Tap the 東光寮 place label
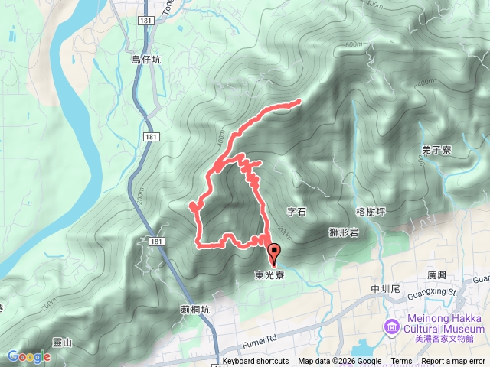click(269, 274)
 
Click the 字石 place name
click(296, 212)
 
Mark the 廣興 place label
click(437, 275)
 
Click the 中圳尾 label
click(385, 289)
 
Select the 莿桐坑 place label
click(195, 310)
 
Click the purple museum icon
click(392, 327)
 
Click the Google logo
click(28, 356)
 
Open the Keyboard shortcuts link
click(256, 362)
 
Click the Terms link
click(401, 362)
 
